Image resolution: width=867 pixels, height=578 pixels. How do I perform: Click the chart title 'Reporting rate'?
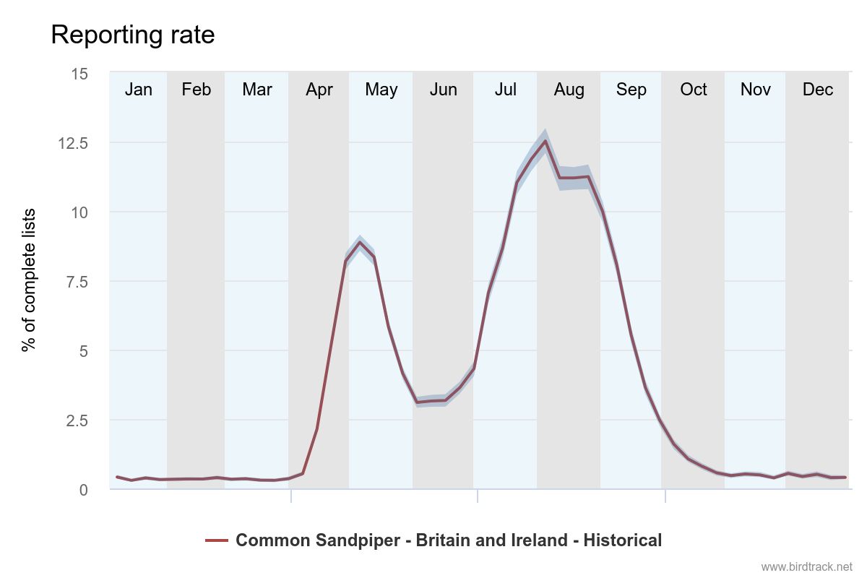tap(133, 35)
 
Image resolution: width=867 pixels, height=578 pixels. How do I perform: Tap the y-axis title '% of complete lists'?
tap(29, 280)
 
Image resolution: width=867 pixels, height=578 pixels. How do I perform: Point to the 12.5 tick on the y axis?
tap(72, 143)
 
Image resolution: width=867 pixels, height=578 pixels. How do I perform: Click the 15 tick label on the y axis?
tap(79, 74)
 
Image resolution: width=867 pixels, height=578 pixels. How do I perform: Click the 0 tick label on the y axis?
tap(83, 490)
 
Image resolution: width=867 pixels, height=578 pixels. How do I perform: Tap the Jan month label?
tap(139, 90)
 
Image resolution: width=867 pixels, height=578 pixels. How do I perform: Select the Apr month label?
tap(319, 90)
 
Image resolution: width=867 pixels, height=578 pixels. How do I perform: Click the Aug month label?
tap(569, 90)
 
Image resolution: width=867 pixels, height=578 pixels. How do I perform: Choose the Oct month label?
tap(694, 90)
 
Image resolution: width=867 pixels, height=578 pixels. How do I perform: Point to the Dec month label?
tap(818, 90)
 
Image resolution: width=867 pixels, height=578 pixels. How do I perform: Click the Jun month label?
tap(444, 90)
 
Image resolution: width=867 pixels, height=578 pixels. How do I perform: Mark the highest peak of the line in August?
tap(545, 141)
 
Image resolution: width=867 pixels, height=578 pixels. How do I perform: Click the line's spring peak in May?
tap(360, 242)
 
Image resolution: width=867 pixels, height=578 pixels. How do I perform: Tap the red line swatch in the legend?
tap(217, 540)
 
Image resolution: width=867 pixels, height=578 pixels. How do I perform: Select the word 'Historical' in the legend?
tap(622, 540)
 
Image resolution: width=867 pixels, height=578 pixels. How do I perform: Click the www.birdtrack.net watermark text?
tap(806, 567)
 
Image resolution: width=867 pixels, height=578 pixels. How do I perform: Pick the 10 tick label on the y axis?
tap(79, 212)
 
